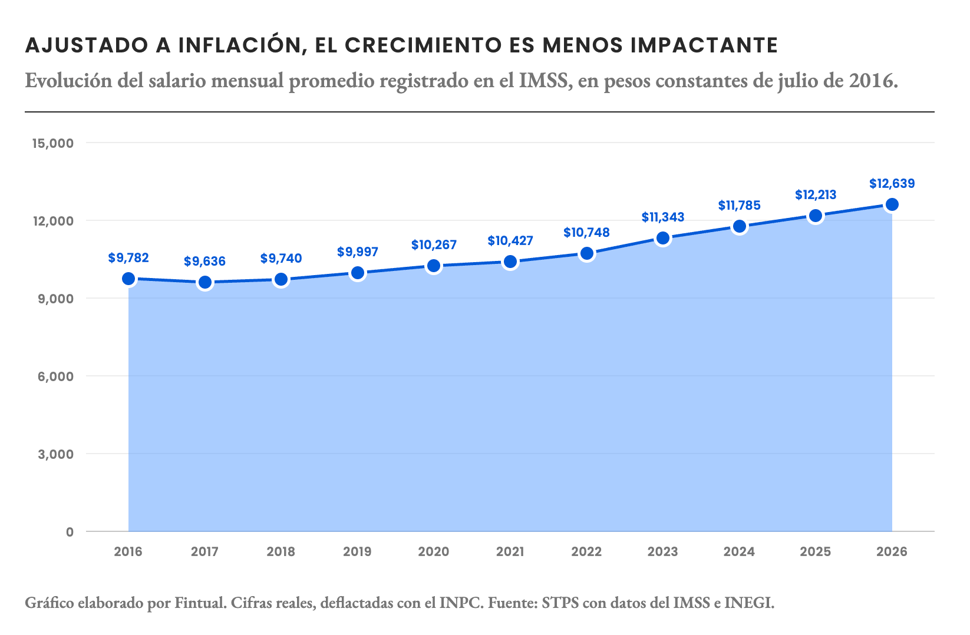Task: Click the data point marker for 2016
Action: tap(128, 279)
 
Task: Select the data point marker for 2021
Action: tap(510, 262)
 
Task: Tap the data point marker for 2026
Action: tap(892, 204)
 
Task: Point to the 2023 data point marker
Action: tap(662, 238)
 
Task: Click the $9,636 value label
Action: tap(204, 262)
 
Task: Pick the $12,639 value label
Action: tap(892, 184)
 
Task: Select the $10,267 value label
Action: tap(434, 245)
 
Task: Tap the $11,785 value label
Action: tap(739, 205)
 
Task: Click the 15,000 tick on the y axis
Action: tap(53, 143)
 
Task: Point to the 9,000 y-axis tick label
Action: tap(55, 299)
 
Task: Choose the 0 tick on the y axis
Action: tap(70, 532)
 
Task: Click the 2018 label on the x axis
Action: tap(281, 551)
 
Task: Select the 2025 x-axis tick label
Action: tap(816, 551)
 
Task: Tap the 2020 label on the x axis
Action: tap(434, 551)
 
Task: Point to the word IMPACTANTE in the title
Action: tap(704, 45)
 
